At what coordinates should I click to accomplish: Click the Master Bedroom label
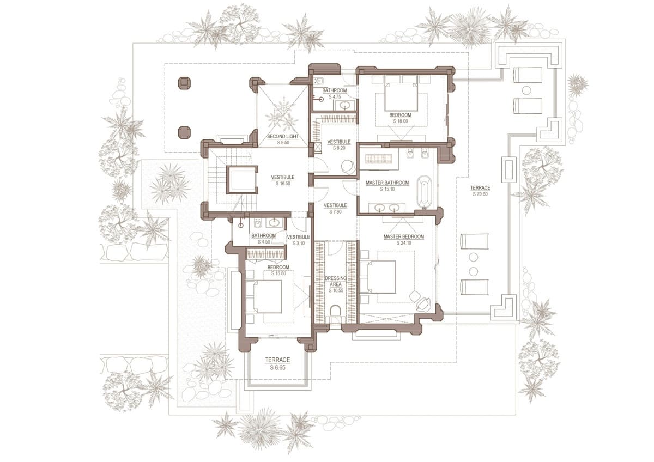point(403,236)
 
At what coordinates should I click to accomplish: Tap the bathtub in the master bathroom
point(424,192)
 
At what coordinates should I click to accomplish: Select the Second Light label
point(283,136)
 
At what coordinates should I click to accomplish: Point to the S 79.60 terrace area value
point(480,194)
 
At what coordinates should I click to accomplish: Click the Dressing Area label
point(336,281)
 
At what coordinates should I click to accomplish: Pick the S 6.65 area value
point(277,368)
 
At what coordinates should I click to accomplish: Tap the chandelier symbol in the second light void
point(282,115)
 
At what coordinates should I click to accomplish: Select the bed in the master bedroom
point(378,277)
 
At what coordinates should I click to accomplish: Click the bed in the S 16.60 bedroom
point(264,297)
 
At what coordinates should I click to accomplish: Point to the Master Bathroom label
point(387,183)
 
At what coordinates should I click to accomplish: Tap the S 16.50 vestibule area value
point(283,184)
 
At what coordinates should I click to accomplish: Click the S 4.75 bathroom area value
point(335,96)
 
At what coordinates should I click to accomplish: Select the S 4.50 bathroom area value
point(264,242)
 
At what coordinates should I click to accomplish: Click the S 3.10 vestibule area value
point(299,243)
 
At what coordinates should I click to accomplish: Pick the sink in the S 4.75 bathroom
point(346,105)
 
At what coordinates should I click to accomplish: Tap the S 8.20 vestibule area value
point(339,148)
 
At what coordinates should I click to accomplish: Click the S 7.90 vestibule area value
point(335,211)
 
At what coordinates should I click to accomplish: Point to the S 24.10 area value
point(404,243)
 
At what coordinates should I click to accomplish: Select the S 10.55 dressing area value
point(336,291)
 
